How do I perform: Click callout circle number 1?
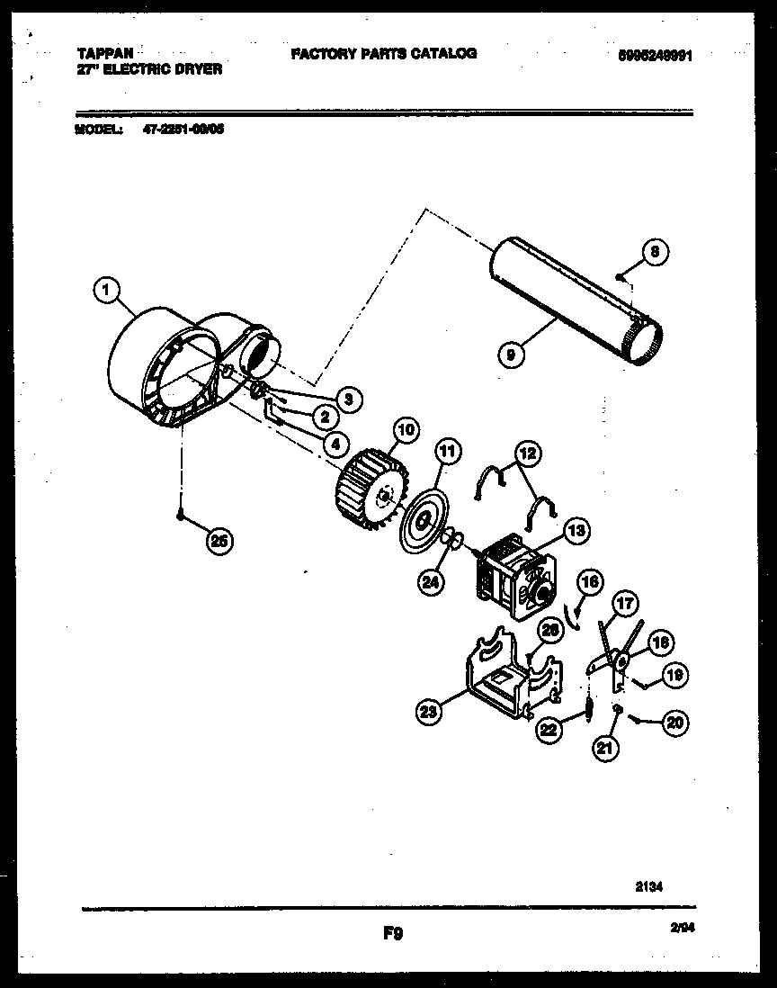click(106, 290)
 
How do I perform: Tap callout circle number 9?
click(511, 355)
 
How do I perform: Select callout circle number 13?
click(576, 531)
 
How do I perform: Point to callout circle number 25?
click(218, 540)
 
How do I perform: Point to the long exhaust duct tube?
click(571, 302)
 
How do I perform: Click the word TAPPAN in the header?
click(100, 54)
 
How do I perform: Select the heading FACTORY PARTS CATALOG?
click(383, 54)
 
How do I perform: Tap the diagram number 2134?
click(647, 886)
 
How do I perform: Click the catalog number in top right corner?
click(654, 55)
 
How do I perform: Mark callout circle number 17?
click(624, 602)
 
